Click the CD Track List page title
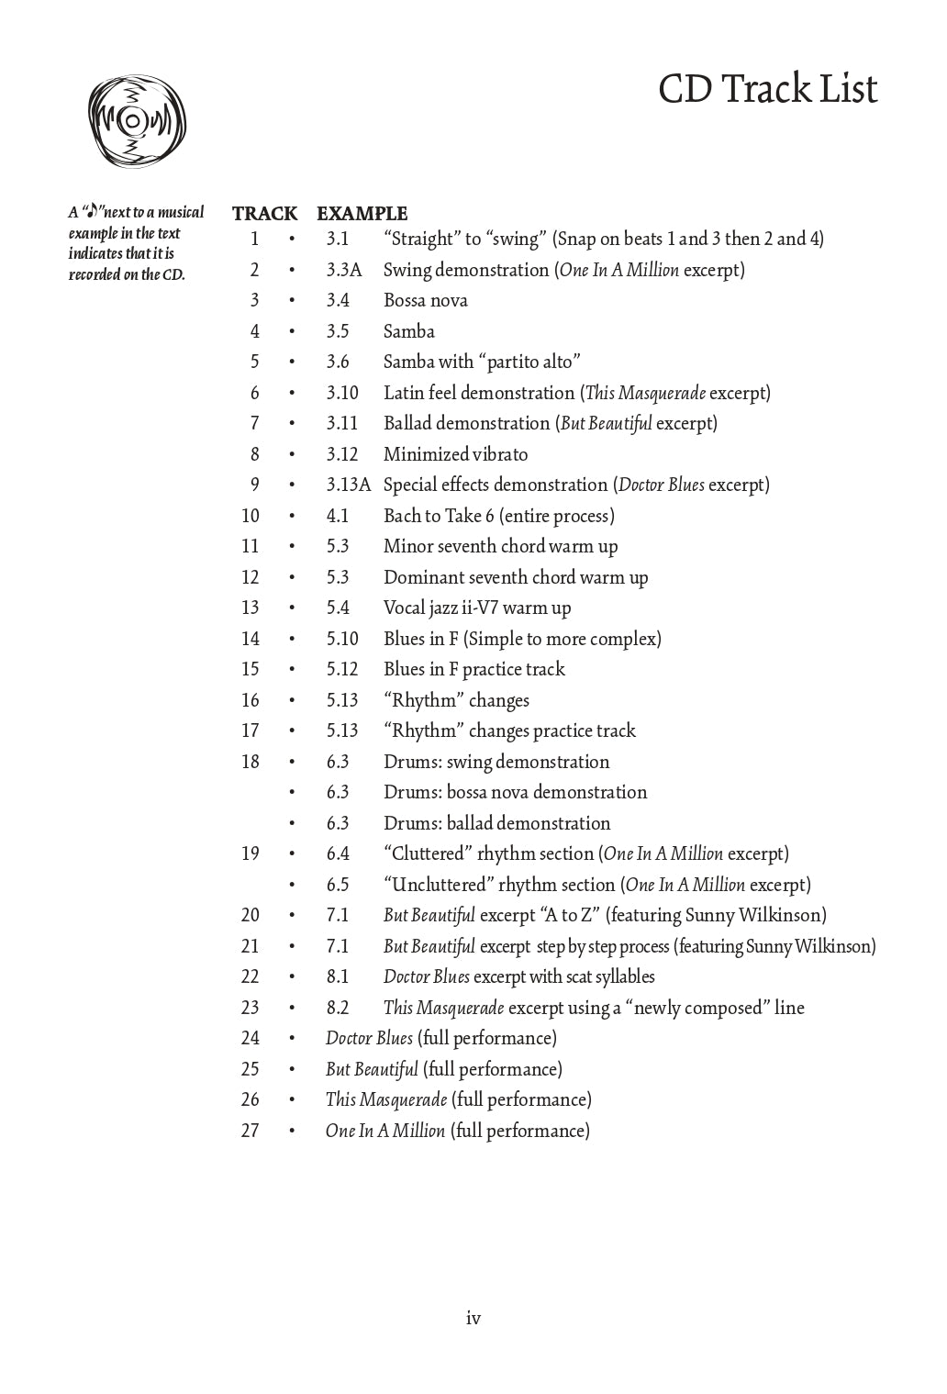767,90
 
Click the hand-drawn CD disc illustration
136,121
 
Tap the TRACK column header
264,214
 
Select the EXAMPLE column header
362,214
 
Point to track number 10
251,516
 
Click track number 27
251,1131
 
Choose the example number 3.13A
348,485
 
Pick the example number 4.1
338,516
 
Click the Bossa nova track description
425,300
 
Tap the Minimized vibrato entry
455,454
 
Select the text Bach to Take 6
439,516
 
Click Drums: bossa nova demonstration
515,792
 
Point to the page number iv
473,1319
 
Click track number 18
251,762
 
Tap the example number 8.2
338,1008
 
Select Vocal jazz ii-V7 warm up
476,608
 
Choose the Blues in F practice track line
473,669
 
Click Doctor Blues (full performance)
440,1038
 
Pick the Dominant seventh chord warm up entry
515,577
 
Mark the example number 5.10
342,639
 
